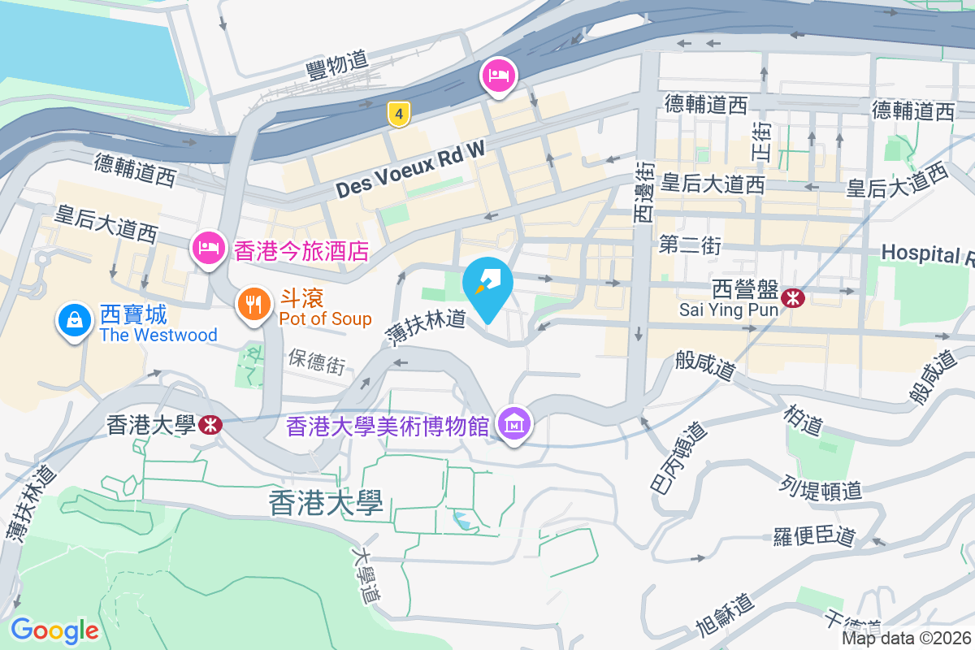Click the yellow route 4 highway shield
coord(397,114)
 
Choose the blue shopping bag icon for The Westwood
coord(74,319)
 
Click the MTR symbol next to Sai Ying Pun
coord(792,298)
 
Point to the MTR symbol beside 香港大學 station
coord(210,424)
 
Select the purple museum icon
coord(514,423)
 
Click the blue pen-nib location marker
coord(487,282)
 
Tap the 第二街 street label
coord(691,245)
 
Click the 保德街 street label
coord(316,362)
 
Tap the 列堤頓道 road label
coord(823,489)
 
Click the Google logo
coord(54,630)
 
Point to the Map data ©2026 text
coord(906,638)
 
